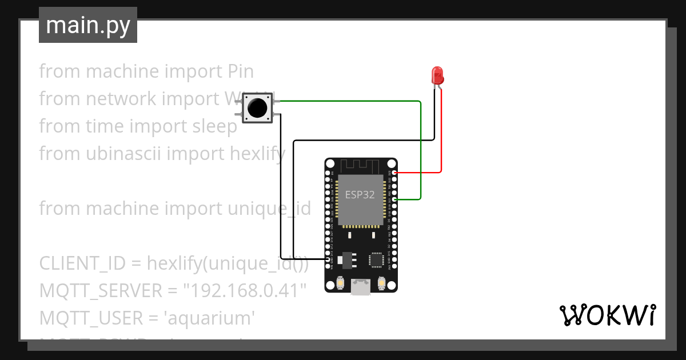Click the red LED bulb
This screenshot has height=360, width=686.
pos(437,75)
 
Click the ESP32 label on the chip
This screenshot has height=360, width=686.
pos(360,194)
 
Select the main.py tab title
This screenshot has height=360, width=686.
pos(88,25)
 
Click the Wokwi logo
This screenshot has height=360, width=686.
pos(607,315)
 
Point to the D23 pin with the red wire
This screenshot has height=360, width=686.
pos(392,172)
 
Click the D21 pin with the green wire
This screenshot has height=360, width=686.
pos(392,199)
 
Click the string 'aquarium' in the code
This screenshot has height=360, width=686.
pos(209,318)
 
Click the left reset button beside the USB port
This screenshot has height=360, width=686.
pos(340,283)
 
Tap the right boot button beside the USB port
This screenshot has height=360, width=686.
pos(381,283)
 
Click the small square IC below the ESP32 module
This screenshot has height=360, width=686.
pos(376,260)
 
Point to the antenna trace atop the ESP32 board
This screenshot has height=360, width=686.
pos(360,166)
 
